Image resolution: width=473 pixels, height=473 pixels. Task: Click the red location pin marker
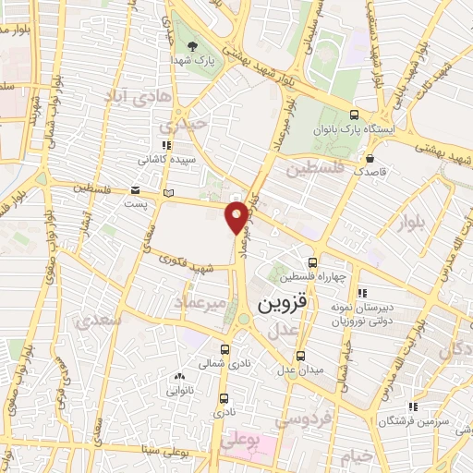[237, 218]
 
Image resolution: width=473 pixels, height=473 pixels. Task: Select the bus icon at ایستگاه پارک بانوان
[355, 115]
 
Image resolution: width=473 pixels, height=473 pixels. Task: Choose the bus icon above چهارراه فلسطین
[312, 261]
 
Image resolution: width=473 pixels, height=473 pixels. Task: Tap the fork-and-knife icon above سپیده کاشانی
[165, 145]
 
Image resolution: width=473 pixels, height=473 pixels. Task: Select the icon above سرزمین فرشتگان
[413, 406]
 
